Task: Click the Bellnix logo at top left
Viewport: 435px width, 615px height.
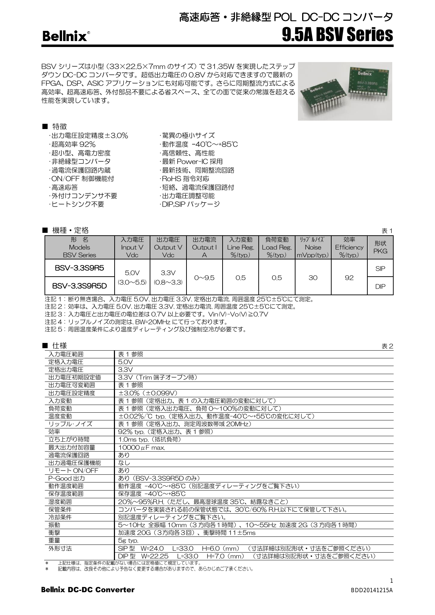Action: pos(65,36)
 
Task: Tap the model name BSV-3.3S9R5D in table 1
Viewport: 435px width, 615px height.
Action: pos(79,286)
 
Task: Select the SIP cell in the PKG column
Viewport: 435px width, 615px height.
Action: pos(380,269)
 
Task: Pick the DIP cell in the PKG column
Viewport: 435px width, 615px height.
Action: pos(380,286)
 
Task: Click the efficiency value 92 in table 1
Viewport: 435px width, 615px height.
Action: pos(349,278)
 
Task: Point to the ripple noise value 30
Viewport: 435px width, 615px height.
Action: pos(313,278)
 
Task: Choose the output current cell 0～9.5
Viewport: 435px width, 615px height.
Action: pos(204,278)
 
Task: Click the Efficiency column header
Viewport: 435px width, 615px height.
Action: pos(349,247)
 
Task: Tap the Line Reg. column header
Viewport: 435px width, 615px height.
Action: pos(240,247)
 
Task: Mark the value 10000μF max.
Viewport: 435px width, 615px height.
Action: pos(142,447)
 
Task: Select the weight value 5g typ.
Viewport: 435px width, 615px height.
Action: pos(128,540)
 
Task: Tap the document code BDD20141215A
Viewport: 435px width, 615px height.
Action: pos(372,590)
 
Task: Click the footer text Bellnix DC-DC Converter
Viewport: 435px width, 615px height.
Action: pos(88,589)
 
